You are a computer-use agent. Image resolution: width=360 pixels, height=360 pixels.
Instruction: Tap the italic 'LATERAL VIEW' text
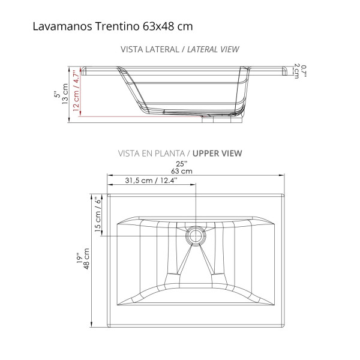(213, 49)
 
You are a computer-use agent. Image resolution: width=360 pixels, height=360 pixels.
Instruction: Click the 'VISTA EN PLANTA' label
(154, 153)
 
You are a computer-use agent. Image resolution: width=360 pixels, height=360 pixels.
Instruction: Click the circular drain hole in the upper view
(195, 235)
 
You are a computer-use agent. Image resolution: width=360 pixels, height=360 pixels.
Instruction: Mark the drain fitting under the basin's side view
(222, 119)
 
